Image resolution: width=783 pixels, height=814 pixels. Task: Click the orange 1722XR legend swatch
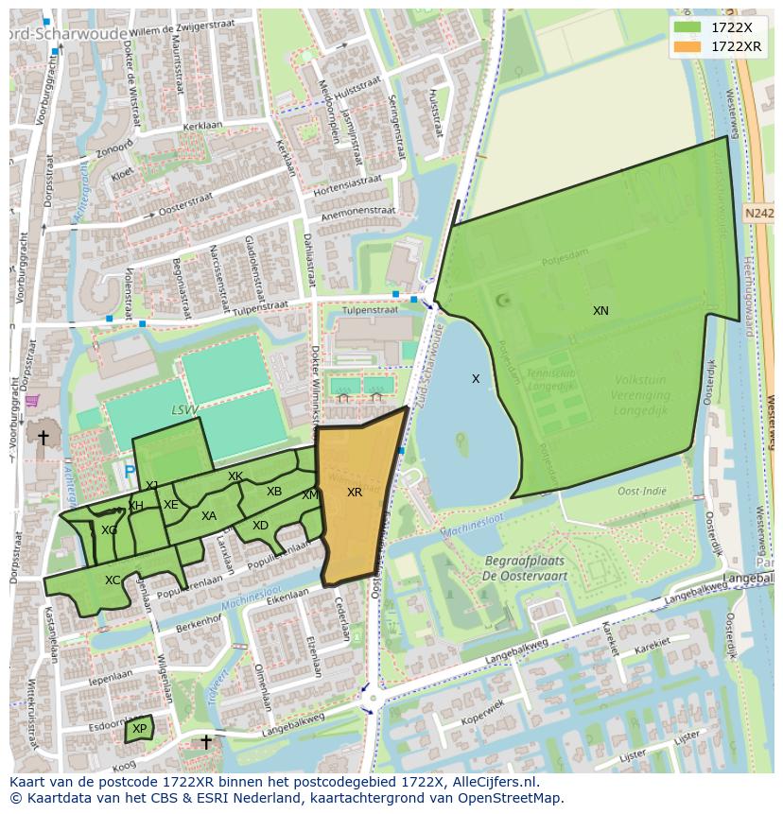tap(687, 46)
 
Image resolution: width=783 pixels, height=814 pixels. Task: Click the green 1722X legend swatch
tap(687, 28)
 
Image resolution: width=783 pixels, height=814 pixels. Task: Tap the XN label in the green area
tap(600, 311)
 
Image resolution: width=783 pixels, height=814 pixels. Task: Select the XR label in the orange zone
tap(355, 493)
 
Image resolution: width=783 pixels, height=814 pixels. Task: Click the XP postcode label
tap(140, 729)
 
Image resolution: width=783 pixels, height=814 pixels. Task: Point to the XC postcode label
tap(113, 580)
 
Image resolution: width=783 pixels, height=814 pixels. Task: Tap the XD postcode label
tap(260, 526)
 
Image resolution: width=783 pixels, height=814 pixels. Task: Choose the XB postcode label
tap(274, 492)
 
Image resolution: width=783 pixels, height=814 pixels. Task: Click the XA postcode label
tap(209, 516)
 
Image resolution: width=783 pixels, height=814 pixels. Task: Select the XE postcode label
tap(170, 505)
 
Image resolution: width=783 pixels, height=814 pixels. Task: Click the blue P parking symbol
tap(129, 471)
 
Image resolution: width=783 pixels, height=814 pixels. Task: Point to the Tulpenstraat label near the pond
tap(370, 309)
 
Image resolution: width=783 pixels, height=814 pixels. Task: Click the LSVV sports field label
tap(184, 410)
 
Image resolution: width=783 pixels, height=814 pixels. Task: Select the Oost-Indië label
tap(642, 491)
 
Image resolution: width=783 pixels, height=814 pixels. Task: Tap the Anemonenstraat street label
tap(357, 215)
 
